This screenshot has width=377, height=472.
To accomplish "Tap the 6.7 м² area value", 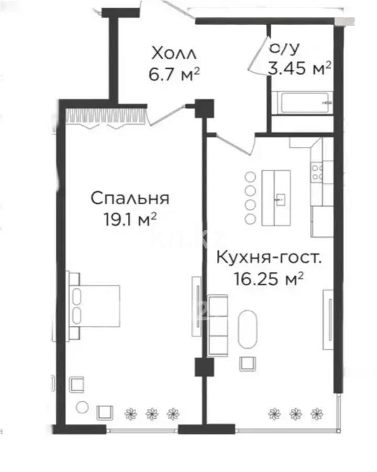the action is coord(174,74).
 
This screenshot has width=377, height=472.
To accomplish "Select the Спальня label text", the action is coord(130,198).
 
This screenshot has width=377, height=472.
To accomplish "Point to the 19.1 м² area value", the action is coord(130,219).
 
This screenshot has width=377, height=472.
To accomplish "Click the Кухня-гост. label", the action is coord(269,258).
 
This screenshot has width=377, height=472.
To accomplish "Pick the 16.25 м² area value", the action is coord(268,279).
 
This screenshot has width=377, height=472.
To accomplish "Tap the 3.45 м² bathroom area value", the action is coord(300,68).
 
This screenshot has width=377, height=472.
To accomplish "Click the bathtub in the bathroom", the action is coord(302,103).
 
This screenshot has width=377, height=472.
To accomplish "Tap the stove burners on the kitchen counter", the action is coord(317,172).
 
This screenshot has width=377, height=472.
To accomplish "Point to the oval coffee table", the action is coord(248,329).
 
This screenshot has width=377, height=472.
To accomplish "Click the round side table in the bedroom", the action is coord(82,407).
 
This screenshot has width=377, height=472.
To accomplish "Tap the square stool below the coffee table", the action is coord(248,363).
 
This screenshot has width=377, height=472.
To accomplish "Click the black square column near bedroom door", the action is coord(204,109).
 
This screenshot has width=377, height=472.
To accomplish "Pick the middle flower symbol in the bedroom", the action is coord(152,414).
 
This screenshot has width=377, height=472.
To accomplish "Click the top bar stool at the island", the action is coord(250,177).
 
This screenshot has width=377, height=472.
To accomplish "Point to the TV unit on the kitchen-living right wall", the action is coord(328,320).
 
